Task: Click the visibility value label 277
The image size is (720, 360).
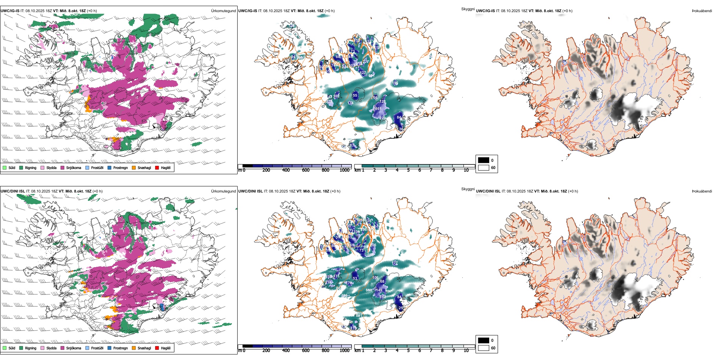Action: click(x=366, y=62)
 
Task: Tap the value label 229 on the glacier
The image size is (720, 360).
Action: click(x=382, y=118)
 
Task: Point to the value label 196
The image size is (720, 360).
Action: click(x=395, y=83)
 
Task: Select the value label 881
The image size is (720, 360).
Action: click(x=358, y=315)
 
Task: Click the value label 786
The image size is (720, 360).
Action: click(x=344, y=296)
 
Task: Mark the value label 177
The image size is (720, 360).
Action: click(x=395, y=263)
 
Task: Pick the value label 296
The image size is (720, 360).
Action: click(x=364, y=230)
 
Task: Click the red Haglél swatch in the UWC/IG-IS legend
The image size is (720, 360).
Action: click(x=157, y=167)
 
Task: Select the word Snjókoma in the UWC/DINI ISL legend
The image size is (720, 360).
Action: click(x=74, y=348)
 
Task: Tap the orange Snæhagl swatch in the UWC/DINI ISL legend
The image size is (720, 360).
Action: click(x=134, y=348)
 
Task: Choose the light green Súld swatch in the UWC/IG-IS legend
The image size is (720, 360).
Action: click(x=5, y=167)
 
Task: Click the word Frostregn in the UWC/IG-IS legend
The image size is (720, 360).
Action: click(x=121, y=167)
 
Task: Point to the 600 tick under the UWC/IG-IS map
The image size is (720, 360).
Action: click(x=306, y=170)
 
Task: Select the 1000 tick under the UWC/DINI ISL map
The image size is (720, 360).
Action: click(x=344, y=351)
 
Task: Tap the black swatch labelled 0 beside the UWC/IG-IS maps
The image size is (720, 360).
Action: click(x=484, y=160)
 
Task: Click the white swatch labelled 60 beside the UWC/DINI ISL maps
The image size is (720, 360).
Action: click(x=484, y=348)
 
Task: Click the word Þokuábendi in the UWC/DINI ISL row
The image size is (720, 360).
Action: click(x=702, y=191)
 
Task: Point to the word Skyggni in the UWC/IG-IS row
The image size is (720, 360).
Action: click(x=468, y=9)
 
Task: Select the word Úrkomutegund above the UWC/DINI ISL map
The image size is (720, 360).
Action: click(x=223, y=191)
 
